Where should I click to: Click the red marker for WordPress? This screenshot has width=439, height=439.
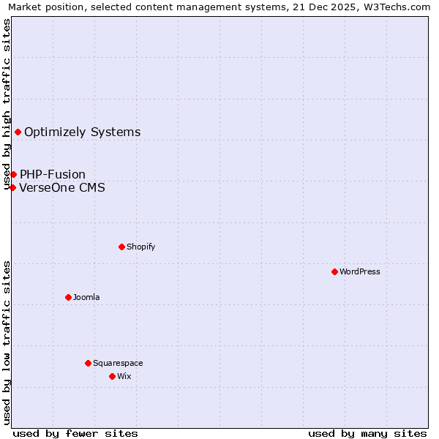pyautogui.click(x=334, y=271)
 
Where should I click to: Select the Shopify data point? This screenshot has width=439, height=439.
pyautogui.click(x=121, y=247)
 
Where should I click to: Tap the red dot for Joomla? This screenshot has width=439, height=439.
pyautogui.click(x=68, y=297)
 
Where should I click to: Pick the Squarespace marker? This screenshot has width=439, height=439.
pyautogui.click(x=88, y=363)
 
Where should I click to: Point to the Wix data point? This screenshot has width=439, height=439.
pyautogui.click(x=112, y=376)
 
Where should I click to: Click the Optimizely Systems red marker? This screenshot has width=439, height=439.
pyautogui.click(x=18, y=132)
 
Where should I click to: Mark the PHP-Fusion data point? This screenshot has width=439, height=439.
pyautogui.click(x=13, y=174)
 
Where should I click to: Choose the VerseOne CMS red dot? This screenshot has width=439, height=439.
pyautogui.click(x=12, y=187)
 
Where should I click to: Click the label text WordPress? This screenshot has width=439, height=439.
pyautogui.click(x=360, y=271)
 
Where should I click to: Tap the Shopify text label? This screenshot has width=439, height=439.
pyautogui.click(x=140, y=247)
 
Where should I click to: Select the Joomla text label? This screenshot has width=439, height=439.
pyautogui.click(x=86, y=297)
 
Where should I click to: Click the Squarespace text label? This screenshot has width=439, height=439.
pyautogui.click(x=118, y=363)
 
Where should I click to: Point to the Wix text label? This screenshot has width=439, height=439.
pyautogui.click(x=124, y=376)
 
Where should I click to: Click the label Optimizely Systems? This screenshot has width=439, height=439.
pyautogui.click(x=82, y=132)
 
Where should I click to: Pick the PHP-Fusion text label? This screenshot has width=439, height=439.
pyautogui.click(x=53, y=174)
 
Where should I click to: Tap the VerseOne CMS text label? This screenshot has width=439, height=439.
pyautogui.click(x=62, y=187)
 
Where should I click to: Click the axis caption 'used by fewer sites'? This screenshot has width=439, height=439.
pyautogui.click(x=75, y=433)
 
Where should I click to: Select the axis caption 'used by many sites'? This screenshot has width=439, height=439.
pyautogui.click(x=367, y=433)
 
